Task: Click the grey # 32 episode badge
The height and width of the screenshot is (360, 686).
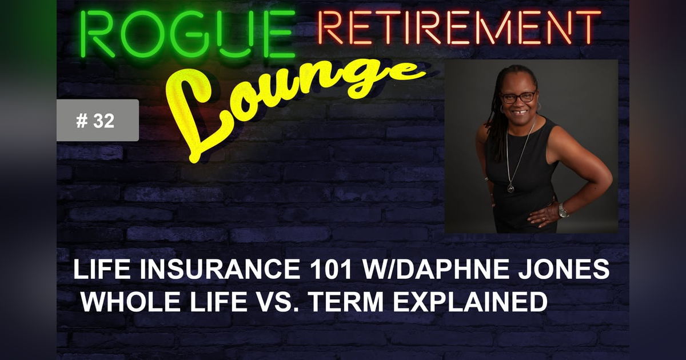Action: [97, 121]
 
